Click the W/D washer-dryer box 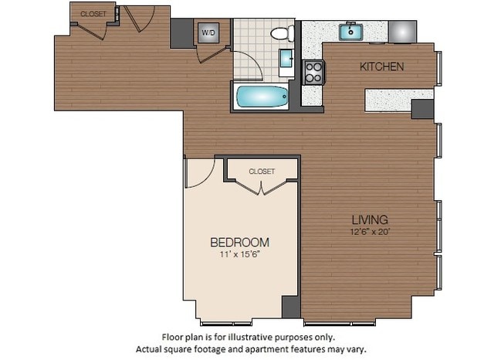click(208, 33)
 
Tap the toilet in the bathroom click(283, 32)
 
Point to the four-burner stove click(313, 72)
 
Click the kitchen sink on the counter click(352, 32)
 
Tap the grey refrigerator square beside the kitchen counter click(403, 31)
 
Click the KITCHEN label click(381, 67)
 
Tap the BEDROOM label click(240, 242)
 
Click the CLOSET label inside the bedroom click(262, 172)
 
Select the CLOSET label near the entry click(93, 13)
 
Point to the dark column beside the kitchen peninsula click(422, 109)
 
